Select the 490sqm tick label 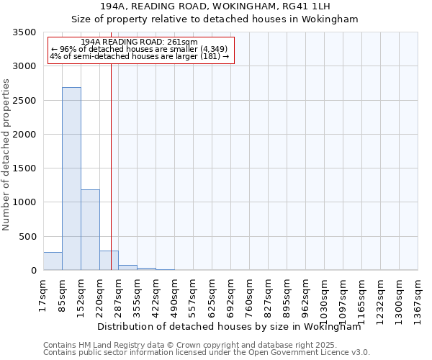click(174, 293)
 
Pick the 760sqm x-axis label click(249, 293)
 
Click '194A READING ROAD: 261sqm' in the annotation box click(139, 42)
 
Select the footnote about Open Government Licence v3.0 click(207, 353)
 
